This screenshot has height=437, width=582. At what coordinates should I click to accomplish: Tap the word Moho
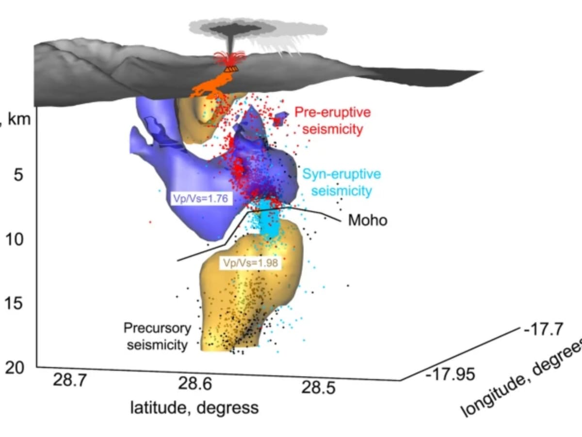point(368,220)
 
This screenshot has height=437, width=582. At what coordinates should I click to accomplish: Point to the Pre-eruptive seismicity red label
point(332,121)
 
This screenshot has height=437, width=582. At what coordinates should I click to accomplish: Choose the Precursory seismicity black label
point(157,336)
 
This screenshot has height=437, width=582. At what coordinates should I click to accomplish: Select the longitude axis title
point(521,379)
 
